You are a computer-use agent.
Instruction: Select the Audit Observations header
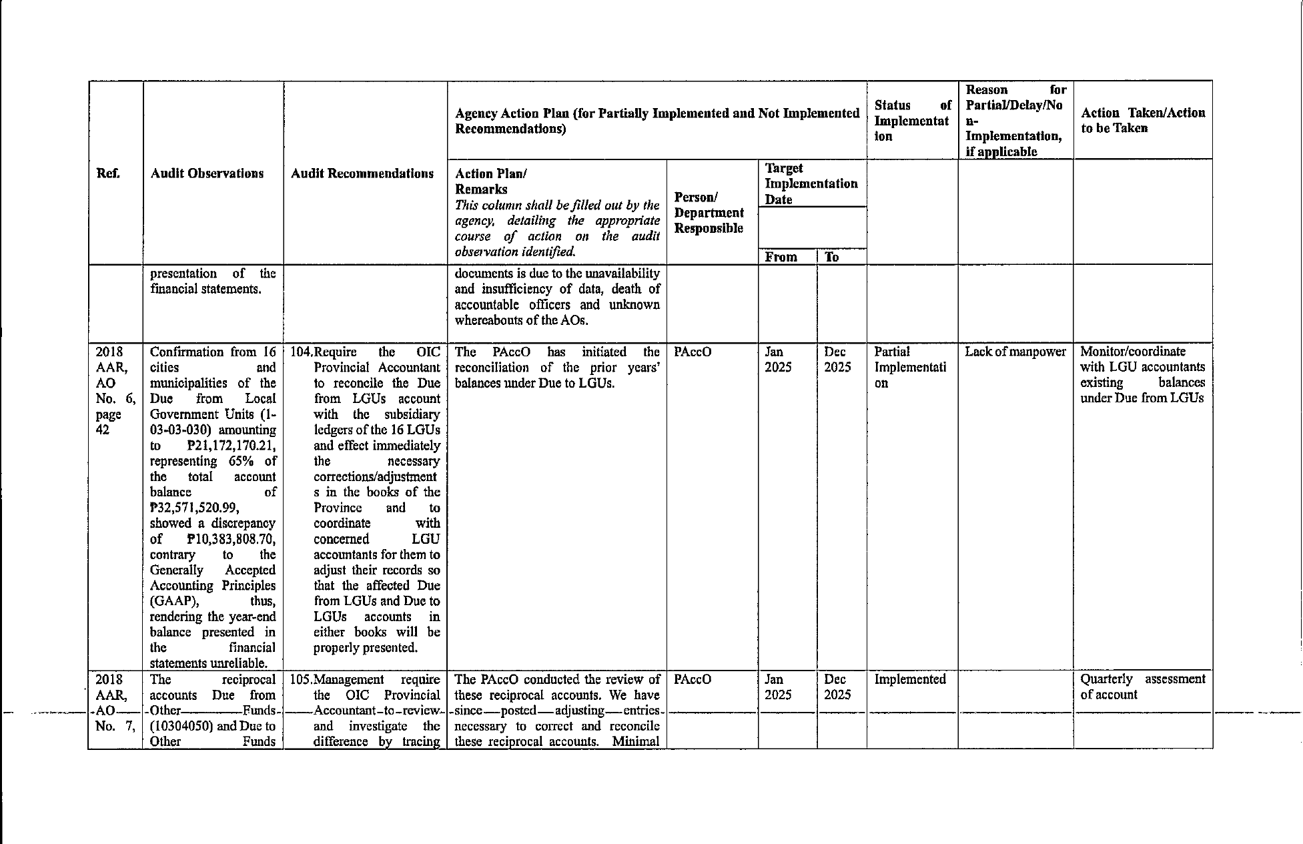coord(207,174)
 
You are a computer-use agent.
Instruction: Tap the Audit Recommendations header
coord(362,174)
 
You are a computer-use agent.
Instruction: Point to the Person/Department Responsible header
coord(709,213)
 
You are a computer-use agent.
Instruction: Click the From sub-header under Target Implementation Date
coord(781,257)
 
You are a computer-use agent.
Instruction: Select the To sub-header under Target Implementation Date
coord(831,257)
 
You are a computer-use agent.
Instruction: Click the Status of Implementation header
coord(912,121)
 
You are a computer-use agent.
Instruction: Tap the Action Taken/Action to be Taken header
coord(1142,121)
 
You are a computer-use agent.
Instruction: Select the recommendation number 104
coord(301,352)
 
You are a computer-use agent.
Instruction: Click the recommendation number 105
coord(301,679)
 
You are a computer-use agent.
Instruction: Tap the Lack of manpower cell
coord(1015,352)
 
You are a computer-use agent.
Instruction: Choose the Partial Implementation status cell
coord(909,367)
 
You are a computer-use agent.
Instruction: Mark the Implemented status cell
coord(909,679)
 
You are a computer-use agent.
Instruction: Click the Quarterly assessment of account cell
coord(1142,687)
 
